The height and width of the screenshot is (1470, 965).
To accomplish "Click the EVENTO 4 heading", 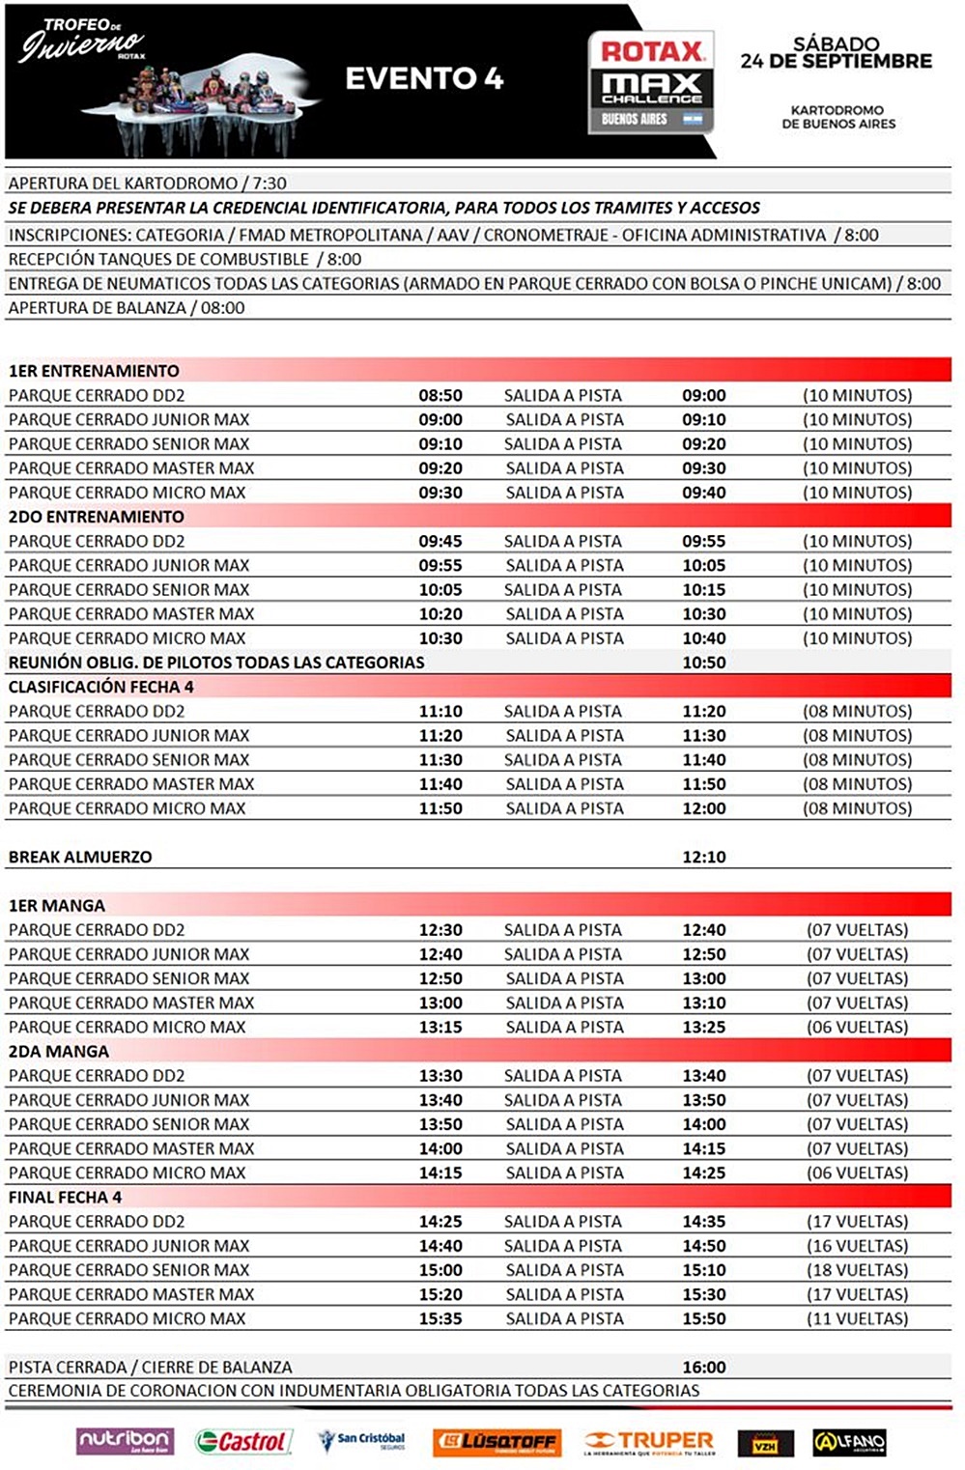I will (x=424, y=78).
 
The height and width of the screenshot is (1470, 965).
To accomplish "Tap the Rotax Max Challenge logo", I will (x=651, y=81).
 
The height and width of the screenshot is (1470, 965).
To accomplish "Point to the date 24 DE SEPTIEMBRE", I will (x=837, y=61).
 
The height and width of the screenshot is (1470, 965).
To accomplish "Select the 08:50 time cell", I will (x=440, y=395).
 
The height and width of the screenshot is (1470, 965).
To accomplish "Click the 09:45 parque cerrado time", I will (x=440, y=541).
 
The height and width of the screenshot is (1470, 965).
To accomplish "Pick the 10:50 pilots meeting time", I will (x=704, y=663).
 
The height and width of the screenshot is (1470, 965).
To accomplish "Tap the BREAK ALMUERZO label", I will (x=80, y=857).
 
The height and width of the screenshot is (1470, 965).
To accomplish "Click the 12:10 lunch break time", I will (x=704, y=857).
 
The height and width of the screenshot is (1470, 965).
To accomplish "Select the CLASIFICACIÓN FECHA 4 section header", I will (x=101, y=687).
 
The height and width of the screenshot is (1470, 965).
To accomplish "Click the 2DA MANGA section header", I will (x=59, y=1051).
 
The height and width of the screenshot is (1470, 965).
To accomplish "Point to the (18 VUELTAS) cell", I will (x=858, y=1270).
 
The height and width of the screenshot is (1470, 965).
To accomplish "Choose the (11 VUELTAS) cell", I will (x=858, y=1318).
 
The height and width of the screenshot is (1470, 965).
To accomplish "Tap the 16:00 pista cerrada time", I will (x=704, y=1367).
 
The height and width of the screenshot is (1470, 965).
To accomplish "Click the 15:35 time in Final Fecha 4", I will (x=440, y=1318).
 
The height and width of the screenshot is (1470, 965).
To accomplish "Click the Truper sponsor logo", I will (x=649, y=1442).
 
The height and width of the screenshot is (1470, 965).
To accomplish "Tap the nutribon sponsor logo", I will (x=125, y=1441).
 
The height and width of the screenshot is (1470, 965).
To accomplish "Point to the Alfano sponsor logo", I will (x=849, y=1442).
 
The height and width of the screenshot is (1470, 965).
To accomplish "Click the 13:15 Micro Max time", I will (x=440, y=1027).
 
